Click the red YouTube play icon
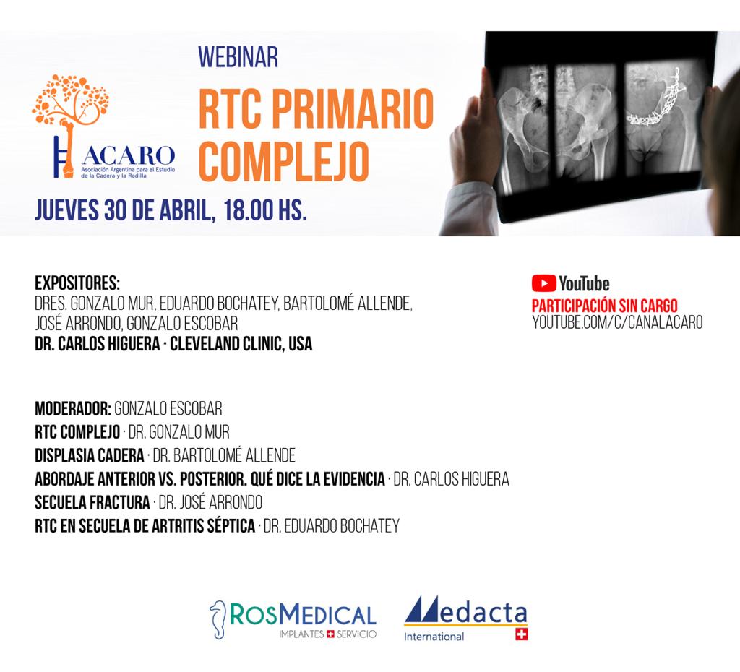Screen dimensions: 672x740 [x=543, y=283]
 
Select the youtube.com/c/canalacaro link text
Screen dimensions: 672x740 [x=617, y=322]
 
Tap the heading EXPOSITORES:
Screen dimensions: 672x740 [x=77, y=283]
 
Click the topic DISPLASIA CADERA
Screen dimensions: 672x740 [x=89, y=456]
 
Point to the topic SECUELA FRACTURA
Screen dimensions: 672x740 [x=92, y=503]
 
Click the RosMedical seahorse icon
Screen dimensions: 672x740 [x=218, y=615]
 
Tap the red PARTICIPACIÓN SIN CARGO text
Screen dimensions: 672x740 [x=604, y=305]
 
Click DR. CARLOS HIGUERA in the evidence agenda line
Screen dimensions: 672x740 [x=451, y=480]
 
